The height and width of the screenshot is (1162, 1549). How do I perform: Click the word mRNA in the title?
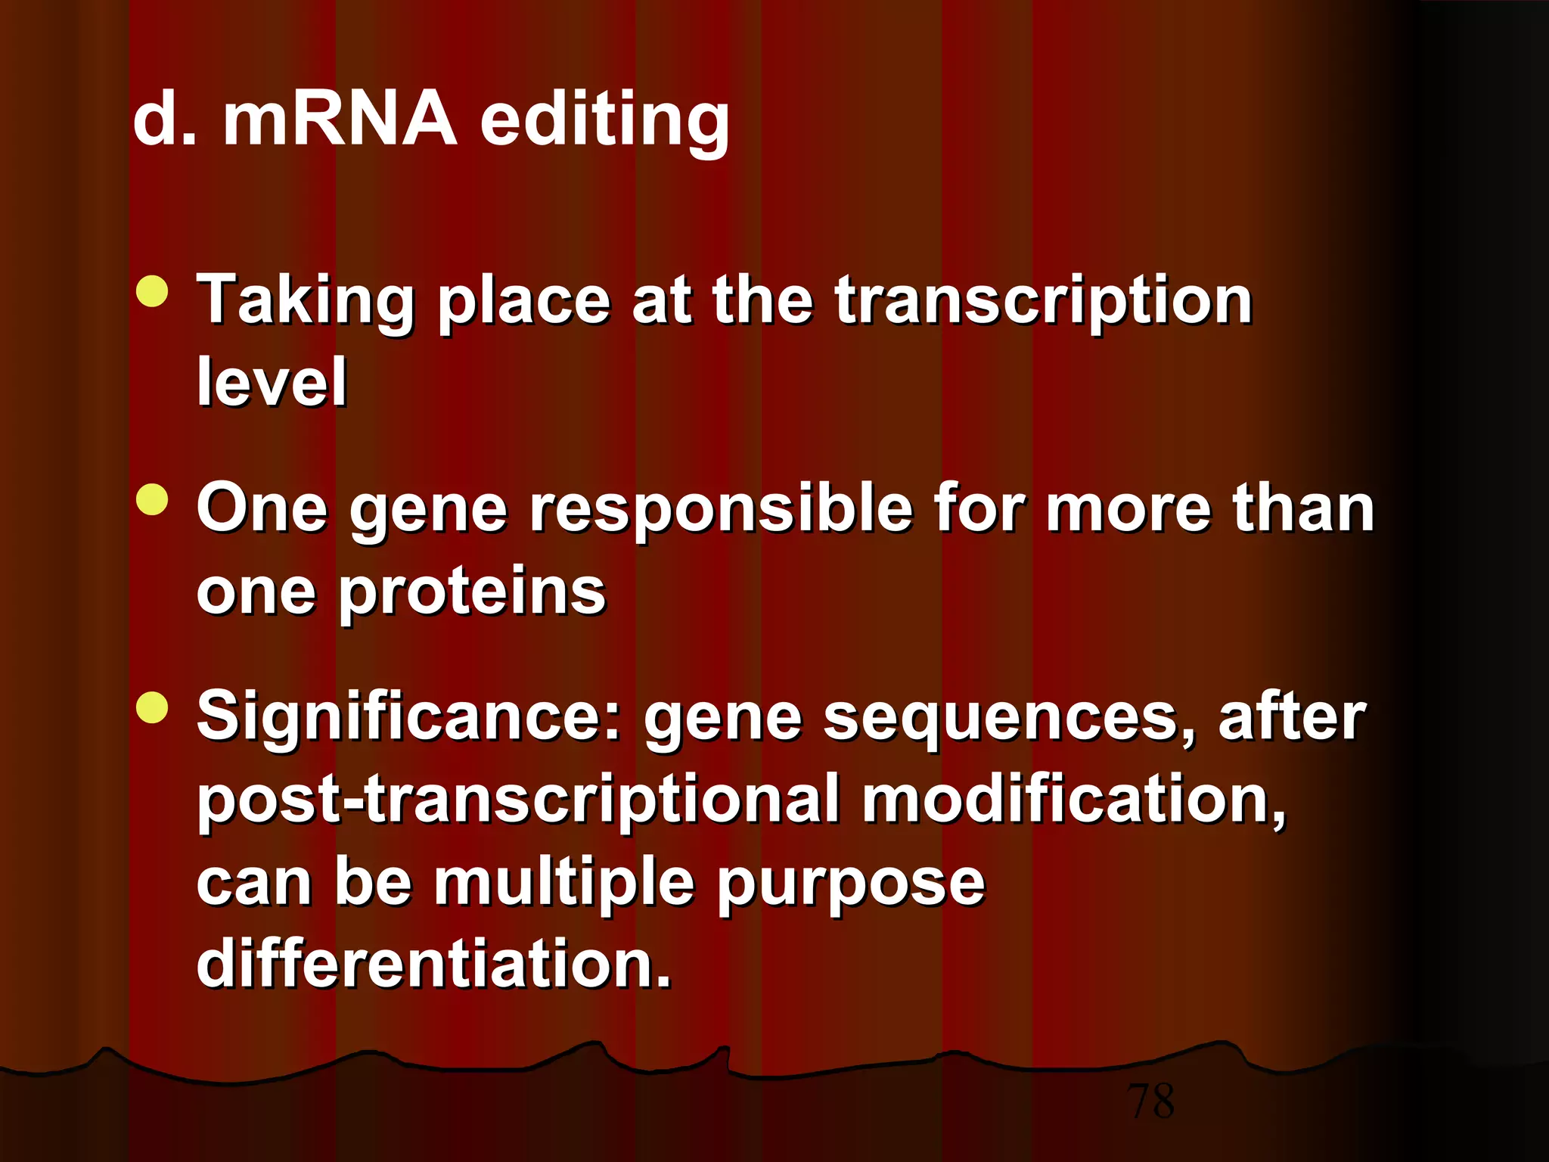[340, 120]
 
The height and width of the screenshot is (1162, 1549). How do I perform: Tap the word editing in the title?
[604, 121]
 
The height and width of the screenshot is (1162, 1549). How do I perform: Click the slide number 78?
[1150, 1101]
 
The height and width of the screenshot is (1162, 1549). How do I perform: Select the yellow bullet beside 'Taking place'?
[153, 292]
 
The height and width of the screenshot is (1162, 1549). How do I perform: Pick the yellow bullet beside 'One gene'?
[153, 500]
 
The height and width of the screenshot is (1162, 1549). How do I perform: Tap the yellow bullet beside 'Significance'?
[153, 708]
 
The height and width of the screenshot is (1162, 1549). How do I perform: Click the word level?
[272, 382]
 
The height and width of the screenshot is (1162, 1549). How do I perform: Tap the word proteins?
[472, 592]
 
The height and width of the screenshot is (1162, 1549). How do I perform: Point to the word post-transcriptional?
[519, 801]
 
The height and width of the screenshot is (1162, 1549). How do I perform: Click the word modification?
[1073, 800]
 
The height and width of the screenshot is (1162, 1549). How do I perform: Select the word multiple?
[563, 884]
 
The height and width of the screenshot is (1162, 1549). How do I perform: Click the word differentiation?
[433, 964]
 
